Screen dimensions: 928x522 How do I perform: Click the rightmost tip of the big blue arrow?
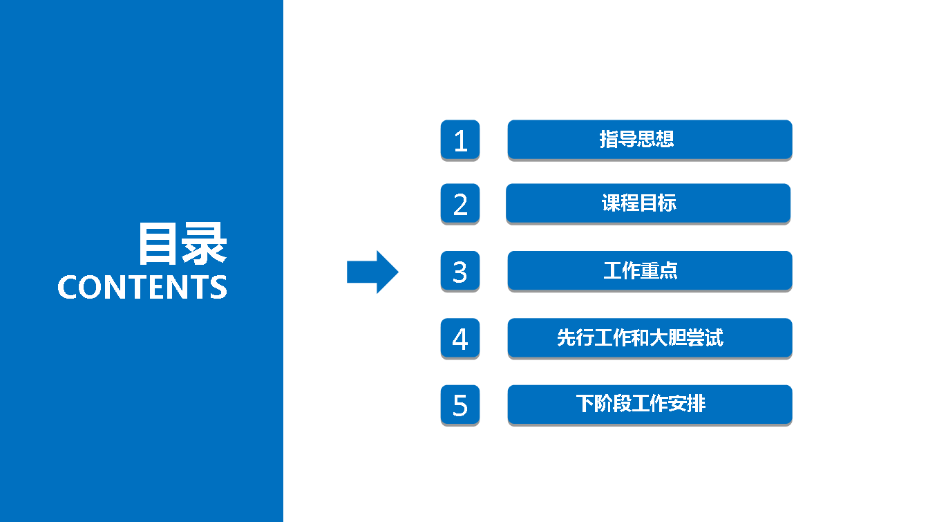coord(399,272)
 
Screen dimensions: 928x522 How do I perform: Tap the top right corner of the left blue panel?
coord(283,0)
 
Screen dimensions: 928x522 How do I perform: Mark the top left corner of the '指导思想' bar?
coord(508,120)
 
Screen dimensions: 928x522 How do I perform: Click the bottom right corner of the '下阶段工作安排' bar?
coord(793,424)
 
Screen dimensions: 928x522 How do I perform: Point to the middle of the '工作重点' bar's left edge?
coord(508,270)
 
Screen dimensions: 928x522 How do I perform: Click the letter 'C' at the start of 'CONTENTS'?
coord(67,286)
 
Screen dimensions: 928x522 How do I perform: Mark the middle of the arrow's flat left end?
coord(347,272)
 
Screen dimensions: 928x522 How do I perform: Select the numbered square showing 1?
coord(460,140)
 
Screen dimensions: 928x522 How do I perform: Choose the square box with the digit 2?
coord(460,203)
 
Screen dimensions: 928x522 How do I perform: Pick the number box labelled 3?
coord(460,271)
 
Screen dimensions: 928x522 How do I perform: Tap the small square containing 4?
coord(460,338)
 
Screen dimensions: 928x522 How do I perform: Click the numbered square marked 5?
coord(460,404)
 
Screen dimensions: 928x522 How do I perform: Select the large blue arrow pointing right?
coord(373,272)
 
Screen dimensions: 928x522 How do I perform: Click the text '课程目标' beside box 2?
coord(639,203)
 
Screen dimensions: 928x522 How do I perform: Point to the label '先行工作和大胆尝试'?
coord(640,337)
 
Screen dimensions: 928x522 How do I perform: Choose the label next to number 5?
coord(641,403)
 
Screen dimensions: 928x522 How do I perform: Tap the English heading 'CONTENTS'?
coord(142,286)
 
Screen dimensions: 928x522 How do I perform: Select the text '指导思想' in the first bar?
coord(637,139)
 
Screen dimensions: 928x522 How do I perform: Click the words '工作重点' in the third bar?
coord(641,270)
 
